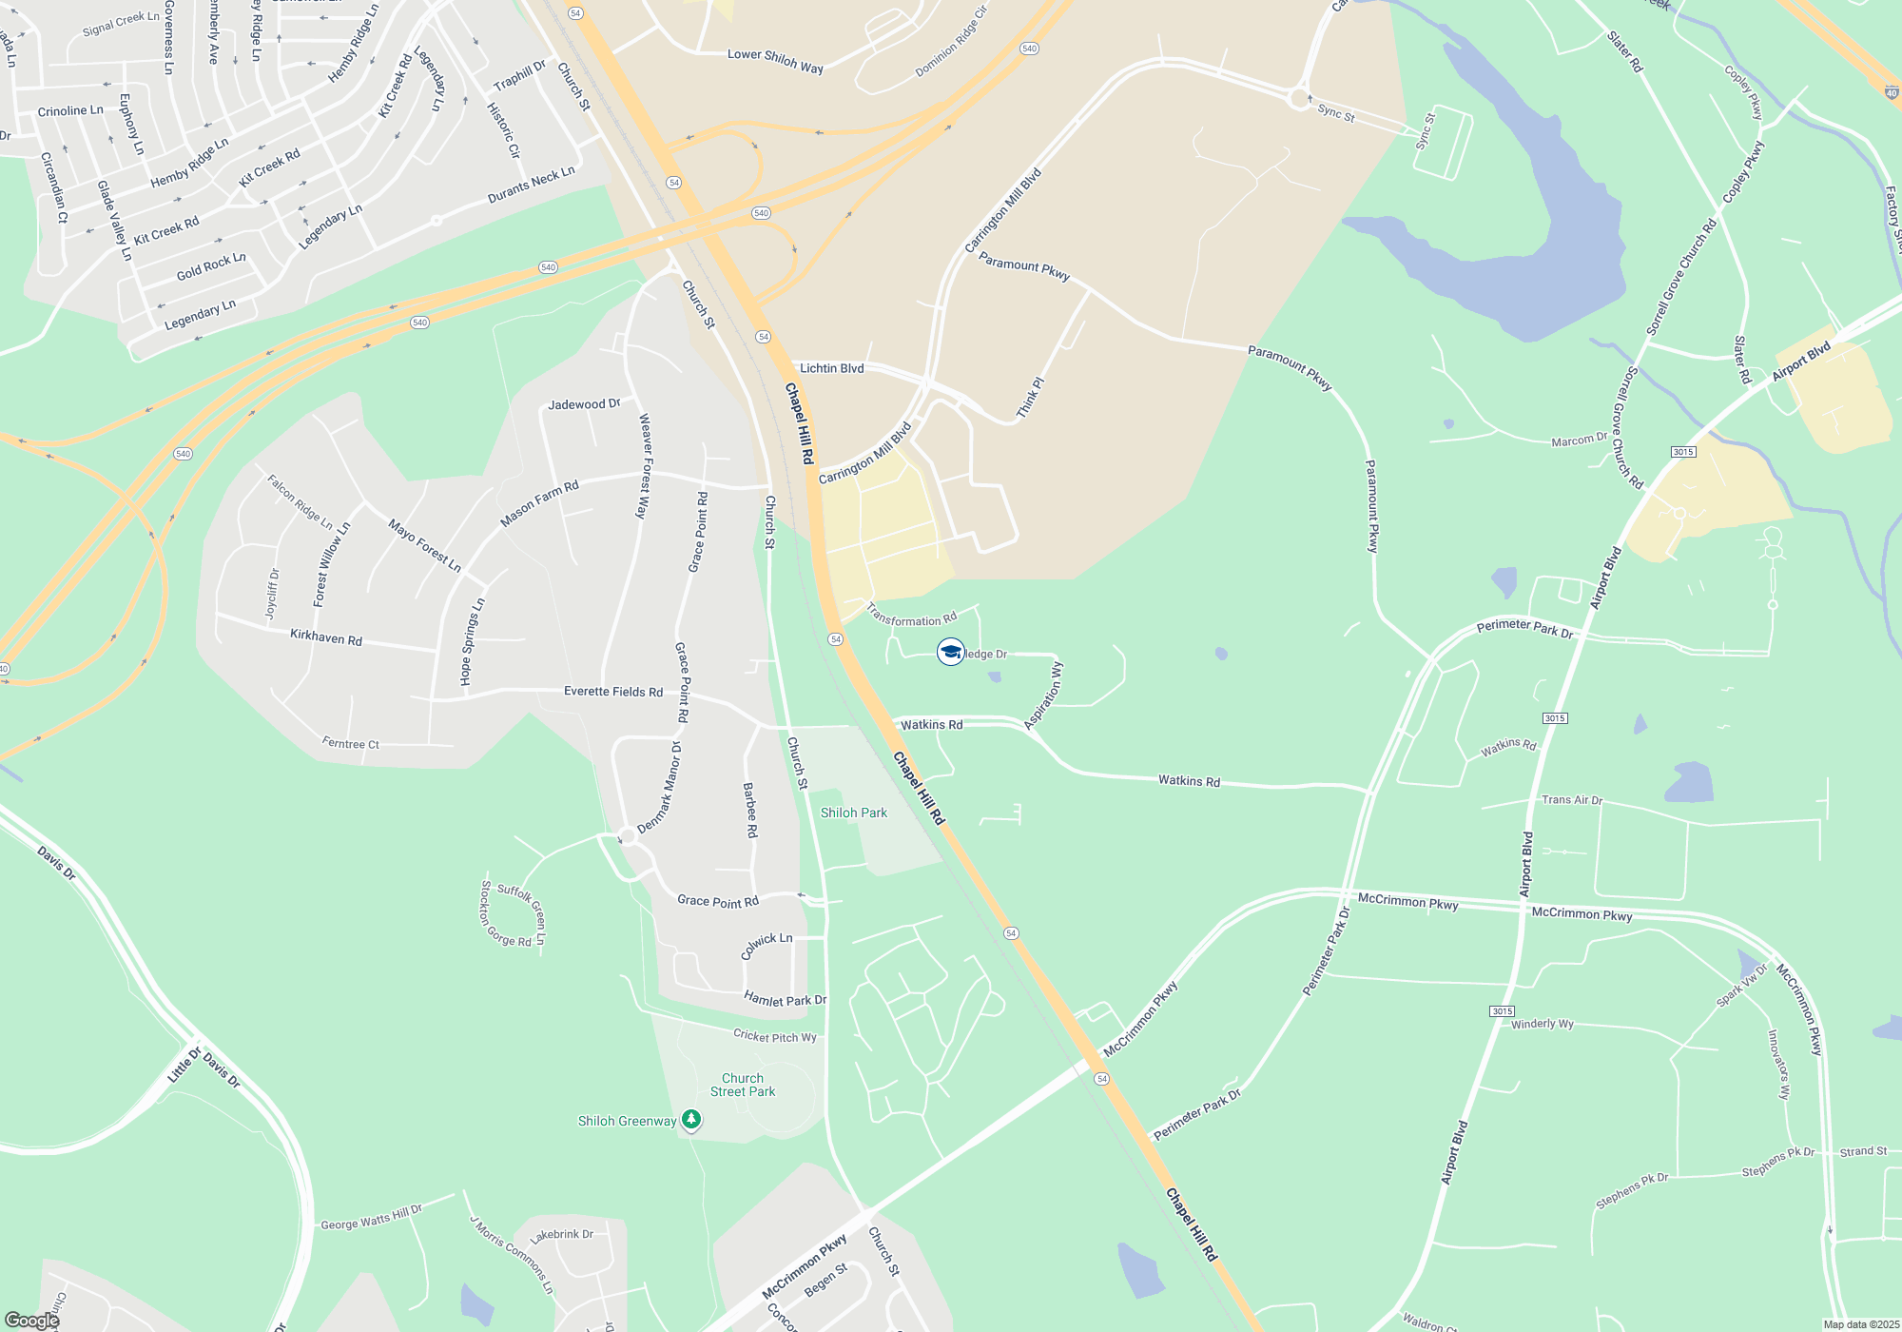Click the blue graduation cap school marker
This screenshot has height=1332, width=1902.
[950, 652]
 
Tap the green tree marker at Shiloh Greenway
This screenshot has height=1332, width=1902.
[691, 1120]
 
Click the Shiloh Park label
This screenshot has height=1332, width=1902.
[853, 813]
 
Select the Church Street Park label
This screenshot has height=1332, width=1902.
[743, 1085]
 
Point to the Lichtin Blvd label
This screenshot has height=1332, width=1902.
[831, 368]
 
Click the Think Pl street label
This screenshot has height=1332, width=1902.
[1030, 398]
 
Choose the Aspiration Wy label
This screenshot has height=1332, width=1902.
[1044, 696]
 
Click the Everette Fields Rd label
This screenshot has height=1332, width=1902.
[613, 692]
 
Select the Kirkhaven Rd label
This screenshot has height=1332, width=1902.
[326, 637]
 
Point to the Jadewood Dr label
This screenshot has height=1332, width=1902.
[584, 404]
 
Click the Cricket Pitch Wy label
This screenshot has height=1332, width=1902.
[774, 1036]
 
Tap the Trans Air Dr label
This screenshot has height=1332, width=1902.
[1572, 800]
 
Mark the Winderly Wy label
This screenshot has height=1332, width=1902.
[1542, 1024]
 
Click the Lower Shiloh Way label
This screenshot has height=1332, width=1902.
[775, 61]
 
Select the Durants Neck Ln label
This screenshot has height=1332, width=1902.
[532, 185]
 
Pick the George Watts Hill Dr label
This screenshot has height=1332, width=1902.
[371, 1218]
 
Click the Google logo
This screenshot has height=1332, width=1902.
[32, 1321]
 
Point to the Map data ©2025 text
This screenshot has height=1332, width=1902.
[1861, 1324]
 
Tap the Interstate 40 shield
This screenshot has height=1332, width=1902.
[1892, 93]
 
